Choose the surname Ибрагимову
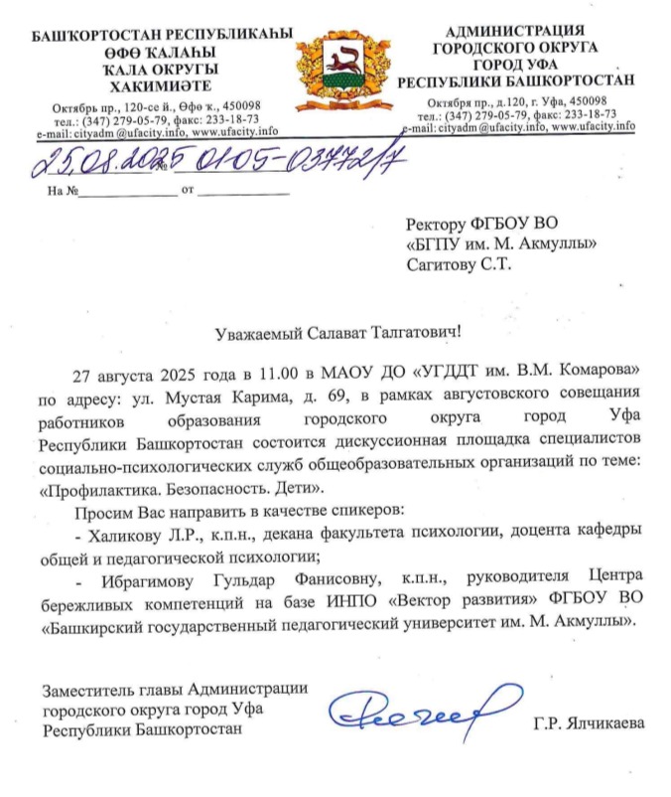click(x=136, y=577)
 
